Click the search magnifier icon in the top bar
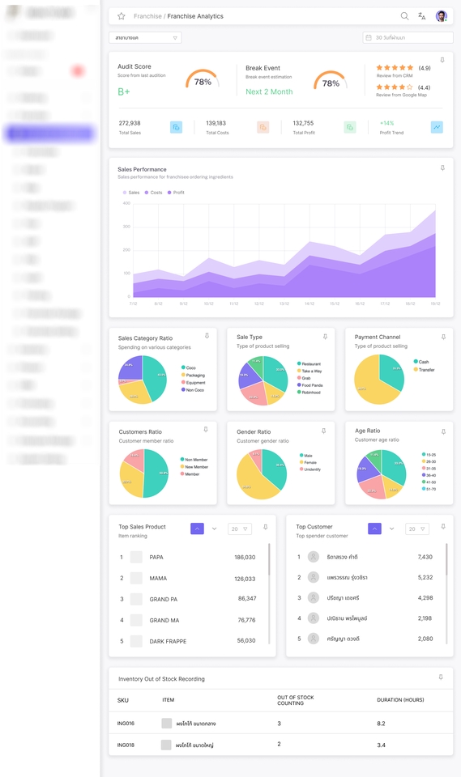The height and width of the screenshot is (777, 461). coord(404,16)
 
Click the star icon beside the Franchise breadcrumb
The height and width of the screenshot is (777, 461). coord(122,16)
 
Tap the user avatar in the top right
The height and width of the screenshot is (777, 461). coord(442,16)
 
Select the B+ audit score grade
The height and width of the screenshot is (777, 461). coord(124,91)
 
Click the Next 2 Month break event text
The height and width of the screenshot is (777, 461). coord(269,91)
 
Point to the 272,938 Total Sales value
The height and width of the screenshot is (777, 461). coord(130,124)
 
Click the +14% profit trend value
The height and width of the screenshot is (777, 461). coord(387,124)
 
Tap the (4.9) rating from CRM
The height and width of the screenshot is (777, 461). coord(424,68)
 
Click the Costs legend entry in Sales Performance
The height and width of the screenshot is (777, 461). coord(153,193)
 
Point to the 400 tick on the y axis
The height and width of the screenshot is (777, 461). coord(126,203)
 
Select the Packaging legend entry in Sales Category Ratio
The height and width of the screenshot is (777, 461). coord(194,376)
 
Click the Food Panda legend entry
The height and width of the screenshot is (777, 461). coord(311,385)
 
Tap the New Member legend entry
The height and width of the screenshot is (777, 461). coord(195,467)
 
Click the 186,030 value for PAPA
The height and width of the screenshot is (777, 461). coord(245,558)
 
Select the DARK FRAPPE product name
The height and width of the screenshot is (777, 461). coord(168,641)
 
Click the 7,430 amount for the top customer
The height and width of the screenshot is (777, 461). coord(425,557)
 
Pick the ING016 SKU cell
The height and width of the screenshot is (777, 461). coord(126,724)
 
